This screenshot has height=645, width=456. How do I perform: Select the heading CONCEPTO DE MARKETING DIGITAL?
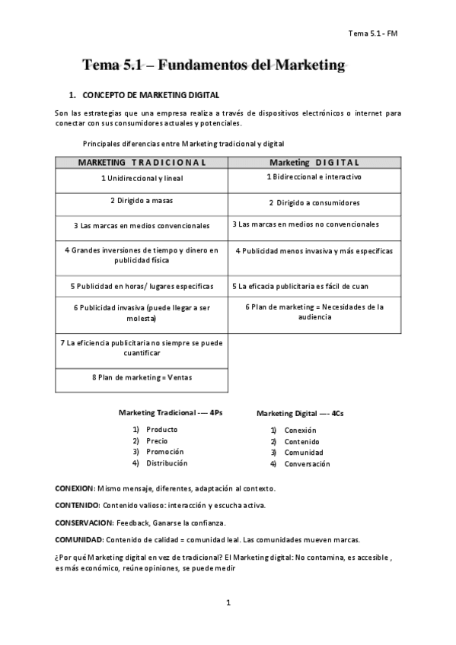(151, 95)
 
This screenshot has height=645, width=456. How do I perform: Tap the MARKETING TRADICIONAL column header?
(142, 162)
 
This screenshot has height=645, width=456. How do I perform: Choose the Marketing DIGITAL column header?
(314, 162)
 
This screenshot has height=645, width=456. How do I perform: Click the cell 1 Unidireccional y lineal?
(142, 178)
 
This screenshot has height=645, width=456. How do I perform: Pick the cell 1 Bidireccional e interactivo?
(314, 176)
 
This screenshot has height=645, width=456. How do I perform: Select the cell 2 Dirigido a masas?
(142, 201)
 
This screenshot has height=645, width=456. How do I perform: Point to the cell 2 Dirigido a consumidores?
(314, 202)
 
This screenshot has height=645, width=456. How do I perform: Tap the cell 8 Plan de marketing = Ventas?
(142, 377)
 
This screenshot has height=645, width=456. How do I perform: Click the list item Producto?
(161, 429)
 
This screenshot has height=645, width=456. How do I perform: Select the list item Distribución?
(167, 462)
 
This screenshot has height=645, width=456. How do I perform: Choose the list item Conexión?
(301, 430)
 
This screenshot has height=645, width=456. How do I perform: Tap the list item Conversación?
(307, 463)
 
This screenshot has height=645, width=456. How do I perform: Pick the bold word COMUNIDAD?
(78, 539)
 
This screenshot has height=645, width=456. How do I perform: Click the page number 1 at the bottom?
(228, 603)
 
